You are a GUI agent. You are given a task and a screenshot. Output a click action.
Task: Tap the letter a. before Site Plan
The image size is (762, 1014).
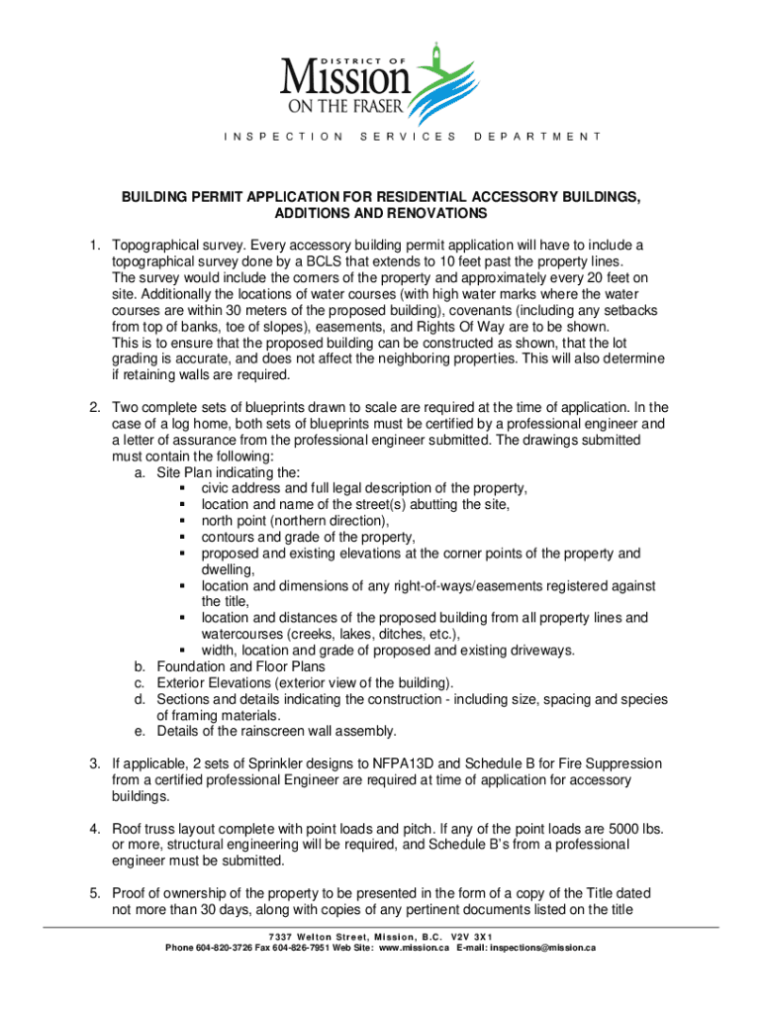pos(140,472)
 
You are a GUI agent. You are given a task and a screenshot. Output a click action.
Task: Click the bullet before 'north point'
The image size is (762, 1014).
pos(184,521)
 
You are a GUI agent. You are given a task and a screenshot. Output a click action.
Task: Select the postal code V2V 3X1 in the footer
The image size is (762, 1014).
pos(470,937)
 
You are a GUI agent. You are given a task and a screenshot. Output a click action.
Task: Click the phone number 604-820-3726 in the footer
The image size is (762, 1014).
pos(223,949)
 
